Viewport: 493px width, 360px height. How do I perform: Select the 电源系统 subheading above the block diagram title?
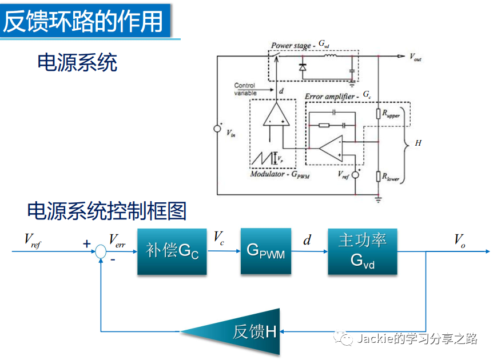(x=77, y=62)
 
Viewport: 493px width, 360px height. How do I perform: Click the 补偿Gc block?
(x=172, y=251)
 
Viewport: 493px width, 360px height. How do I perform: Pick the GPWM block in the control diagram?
(x=265, y=251)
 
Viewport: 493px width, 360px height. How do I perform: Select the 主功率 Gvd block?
(x=362, y=251)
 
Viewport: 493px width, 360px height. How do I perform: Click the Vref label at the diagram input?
(x=33, y=240)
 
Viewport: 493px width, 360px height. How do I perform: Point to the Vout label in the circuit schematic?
(x=416, y=57)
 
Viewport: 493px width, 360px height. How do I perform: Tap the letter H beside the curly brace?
(x=418, y=143)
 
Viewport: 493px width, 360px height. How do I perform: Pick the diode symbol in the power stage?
(x=302, y=67)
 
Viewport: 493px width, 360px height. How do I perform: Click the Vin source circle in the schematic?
(x=217, y=129)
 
